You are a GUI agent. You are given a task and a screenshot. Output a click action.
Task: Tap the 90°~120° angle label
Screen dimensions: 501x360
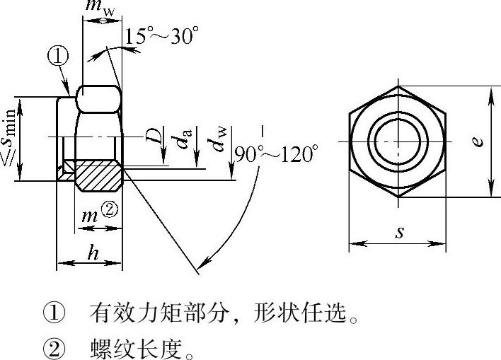[x=277, y=154]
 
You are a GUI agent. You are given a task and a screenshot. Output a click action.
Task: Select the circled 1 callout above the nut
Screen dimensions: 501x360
[x=58, y=56]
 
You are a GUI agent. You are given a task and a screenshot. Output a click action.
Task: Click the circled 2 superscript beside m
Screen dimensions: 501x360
[x=110, y=210]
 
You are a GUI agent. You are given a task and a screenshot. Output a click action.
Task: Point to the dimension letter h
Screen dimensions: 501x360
[x=93, y=254]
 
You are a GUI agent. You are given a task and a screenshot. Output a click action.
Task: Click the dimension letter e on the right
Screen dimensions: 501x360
[x=478, y=141]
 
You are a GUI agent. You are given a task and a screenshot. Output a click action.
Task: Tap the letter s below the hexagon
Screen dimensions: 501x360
[x=399, y=232]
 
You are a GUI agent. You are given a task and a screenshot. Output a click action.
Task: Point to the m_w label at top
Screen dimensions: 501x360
[x=100, y=6]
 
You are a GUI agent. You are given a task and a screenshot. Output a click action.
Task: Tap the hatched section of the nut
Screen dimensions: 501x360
[x=99, y=175]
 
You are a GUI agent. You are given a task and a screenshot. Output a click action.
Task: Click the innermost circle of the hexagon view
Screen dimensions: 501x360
[x=398, y=141]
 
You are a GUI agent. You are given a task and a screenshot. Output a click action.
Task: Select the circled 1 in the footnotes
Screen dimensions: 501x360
[x=54, y=313]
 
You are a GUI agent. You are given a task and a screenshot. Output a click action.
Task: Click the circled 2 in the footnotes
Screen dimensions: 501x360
[x=54, y=349]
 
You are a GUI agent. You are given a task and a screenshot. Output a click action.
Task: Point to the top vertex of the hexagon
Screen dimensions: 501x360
[x=398, y=86]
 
